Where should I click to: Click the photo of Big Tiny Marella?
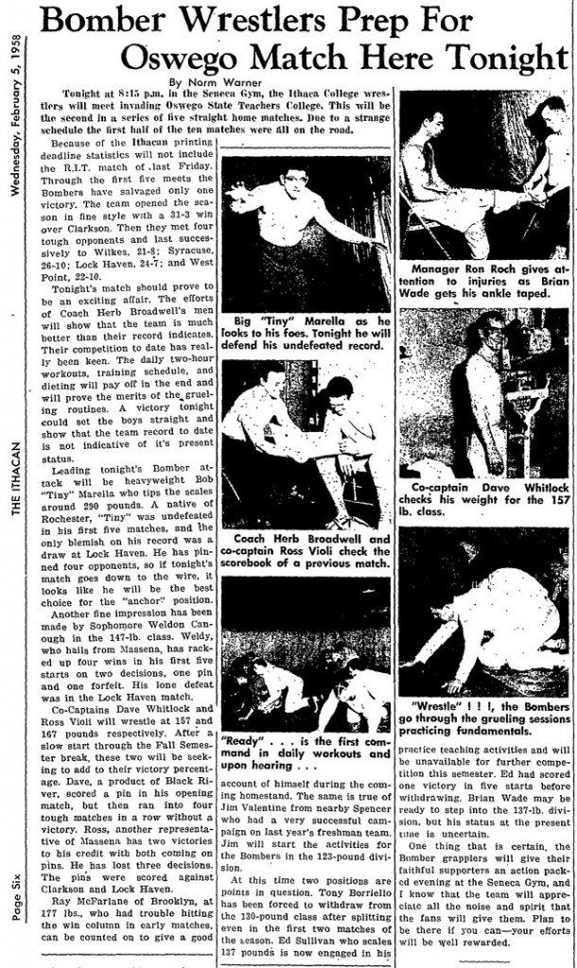click(305, 233)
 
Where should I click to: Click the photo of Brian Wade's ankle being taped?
click(483, 175)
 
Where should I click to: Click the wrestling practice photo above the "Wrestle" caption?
click(483, 611)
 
